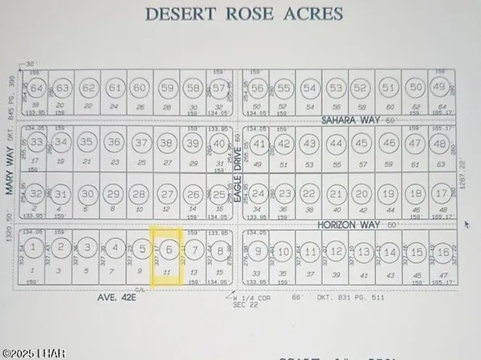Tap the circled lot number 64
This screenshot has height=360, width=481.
[x=36, y=88]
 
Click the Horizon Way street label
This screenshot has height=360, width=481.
[x=343, y=224]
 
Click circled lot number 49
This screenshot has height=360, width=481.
[x=439, y=87]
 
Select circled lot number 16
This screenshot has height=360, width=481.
[x=440, y=253]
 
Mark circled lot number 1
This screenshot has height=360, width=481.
[x=33, y=246]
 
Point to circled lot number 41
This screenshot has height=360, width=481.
[x=259, y=144]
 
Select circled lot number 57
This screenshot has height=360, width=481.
[x=218, y=88]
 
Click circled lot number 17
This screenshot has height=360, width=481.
[x=440, y=195]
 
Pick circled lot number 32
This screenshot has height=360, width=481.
[x=36, y=195]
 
